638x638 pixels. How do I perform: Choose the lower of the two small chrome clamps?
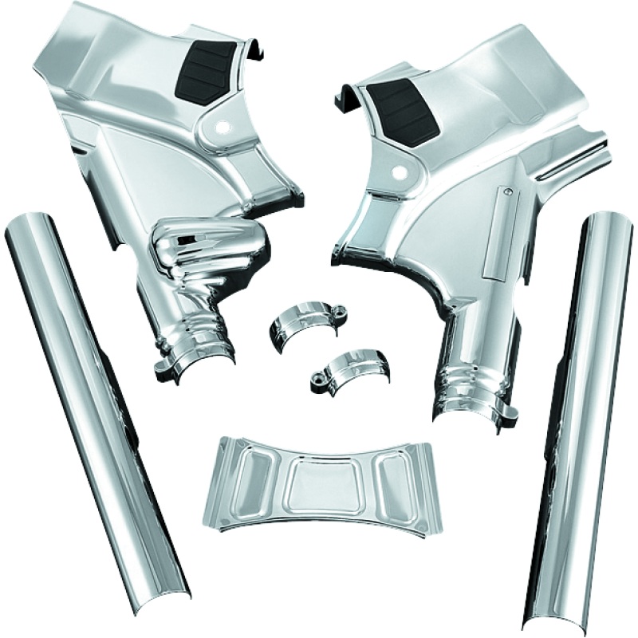coord(345,367)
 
